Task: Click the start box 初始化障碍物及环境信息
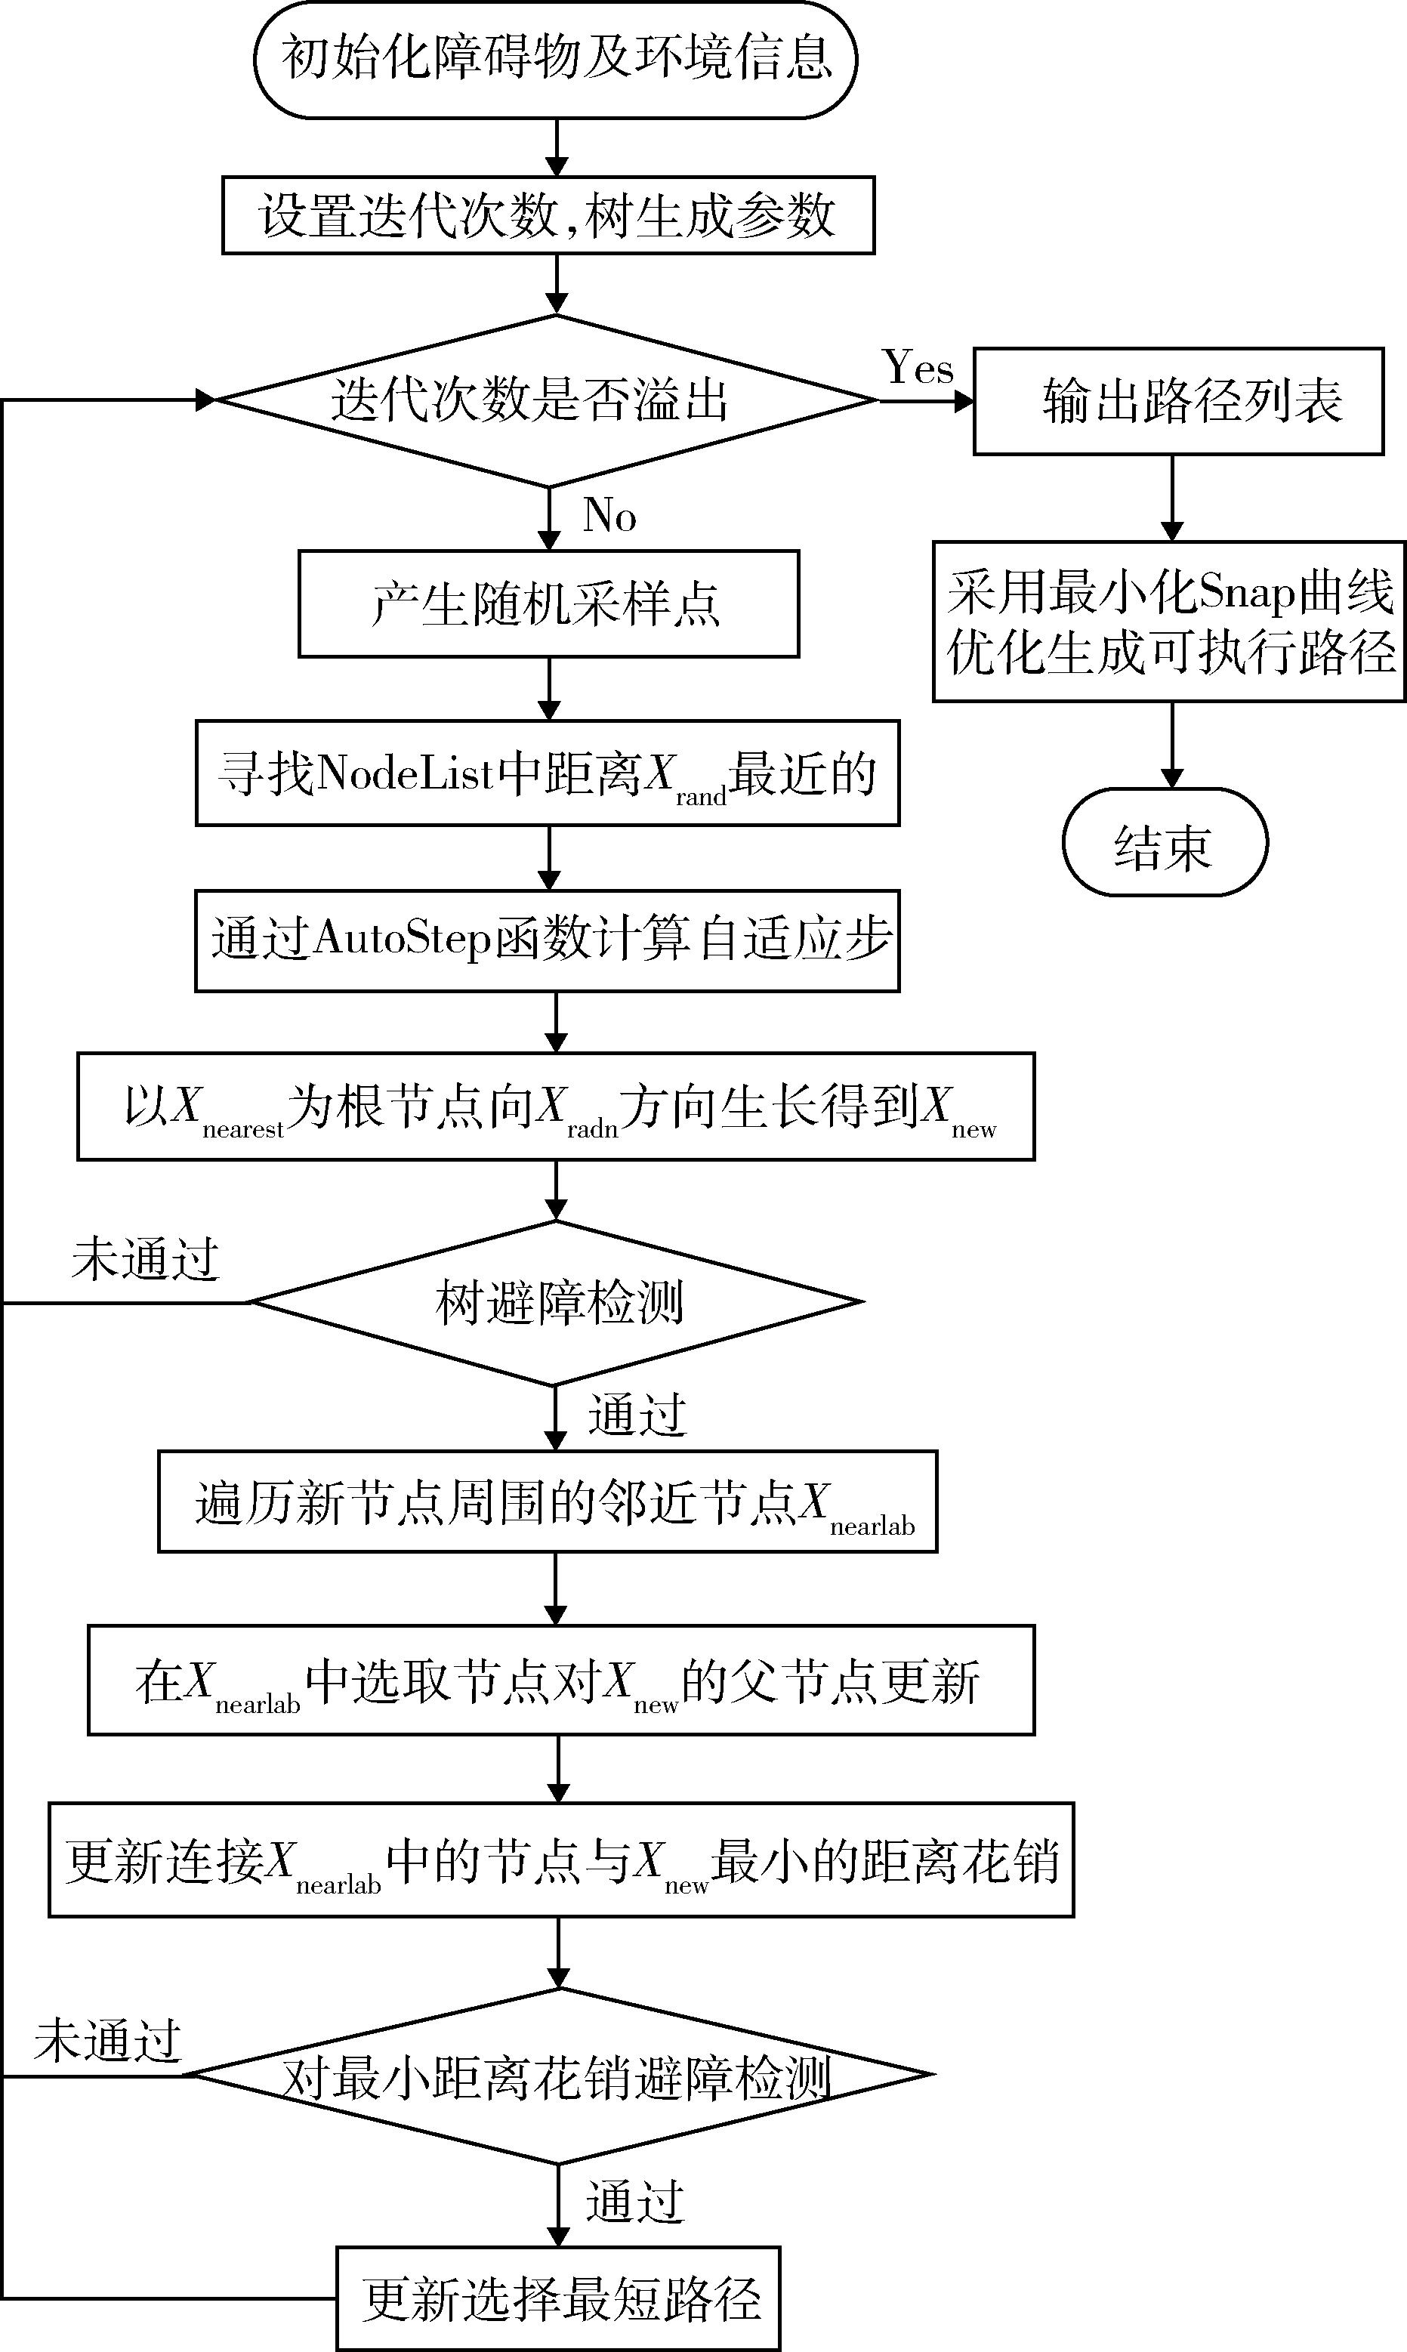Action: (556, 60)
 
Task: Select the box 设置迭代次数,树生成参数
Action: (548, 215)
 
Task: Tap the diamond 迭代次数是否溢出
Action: (547, 401)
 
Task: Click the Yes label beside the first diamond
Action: (918, 367)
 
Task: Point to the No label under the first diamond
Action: (609, 516)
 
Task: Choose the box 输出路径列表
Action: (1178, 402)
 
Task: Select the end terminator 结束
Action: (1165, 843)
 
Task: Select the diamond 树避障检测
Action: (557, 1303)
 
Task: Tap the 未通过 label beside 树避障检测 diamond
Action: (146, 1260)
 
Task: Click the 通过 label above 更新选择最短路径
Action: (635, 2201)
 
